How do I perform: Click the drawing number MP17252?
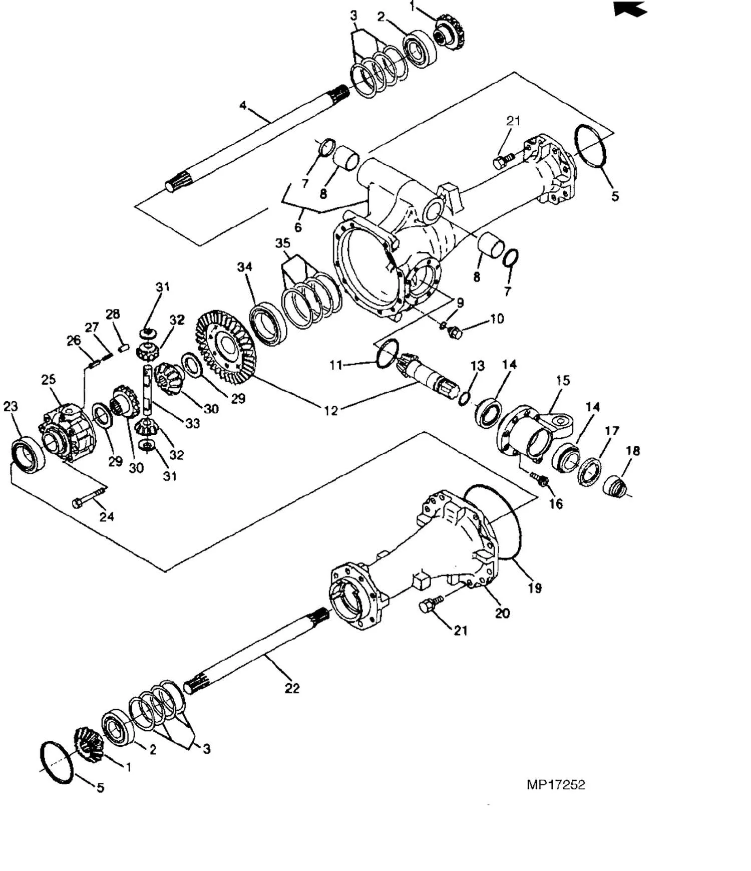click(x=555, y=784)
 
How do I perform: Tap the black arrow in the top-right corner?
click(x=630, y=9)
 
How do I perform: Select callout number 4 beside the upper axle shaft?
click(x=243, y=106)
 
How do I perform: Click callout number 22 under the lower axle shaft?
click(x=292, y=688)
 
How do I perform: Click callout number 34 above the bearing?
click(x=244, y=267)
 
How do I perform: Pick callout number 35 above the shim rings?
click(x=283, y=243)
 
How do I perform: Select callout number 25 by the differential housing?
click(x=49, y=379)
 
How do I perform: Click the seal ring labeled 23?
click(x=29, y=453)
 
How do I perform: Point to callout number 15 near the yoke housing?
click(x=563, y=380)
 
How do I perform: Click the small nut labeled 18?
click(x=615, y=486)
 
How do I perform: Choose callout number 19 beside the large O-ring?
click(x=535, y=588)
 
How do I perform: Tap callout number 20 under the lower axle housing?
click(x=502, y=613)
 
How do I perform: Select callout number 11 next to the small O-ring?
click(x=336, y=365)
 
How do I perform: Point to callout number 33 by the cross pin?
click(x=193, y=423)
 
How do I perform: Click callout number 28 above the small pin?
click(x=113, y=314)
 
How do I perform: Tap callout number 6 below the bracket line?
click(x=298, y=227)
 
